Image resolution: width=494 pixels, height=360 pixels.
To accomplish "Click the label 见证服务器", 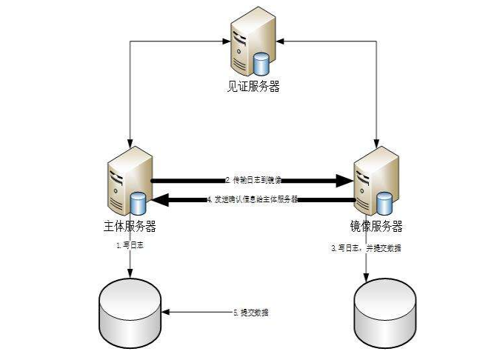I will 253,87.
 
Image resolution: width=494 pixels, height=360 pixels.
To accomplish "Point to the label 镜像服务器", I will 376,226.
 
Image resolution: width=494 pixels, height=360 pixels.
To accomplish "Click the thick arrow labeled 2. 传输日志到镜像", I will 252,180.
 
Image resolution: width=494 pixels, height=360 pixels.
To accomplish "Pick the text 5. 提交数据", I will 251,313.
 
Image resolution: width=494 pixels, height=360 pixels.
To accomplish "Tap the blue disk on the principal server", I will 138,203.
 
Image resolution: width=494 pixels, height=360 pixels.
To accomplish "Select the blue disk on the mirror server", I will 384,202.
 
